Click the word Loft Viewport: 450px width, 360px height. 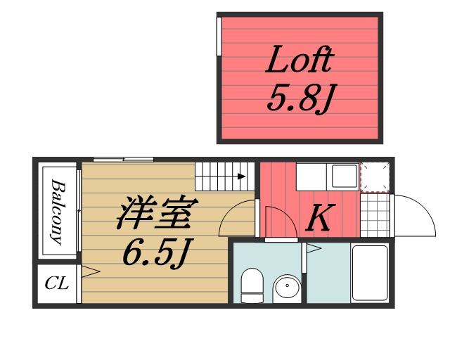pyautogui.click(x=298, y=62)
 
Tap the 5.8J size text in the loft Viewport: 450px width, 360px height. pyautogui.click(x=298, y=98)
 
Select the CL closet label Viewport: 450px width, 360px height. pyautogui.click(x=56, y=284)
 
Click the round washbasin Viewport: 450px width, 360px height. pyautogui.click(x=286, y=288)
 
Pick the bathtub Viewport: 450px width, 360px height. pyautogui.click(x=369, y=274)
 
